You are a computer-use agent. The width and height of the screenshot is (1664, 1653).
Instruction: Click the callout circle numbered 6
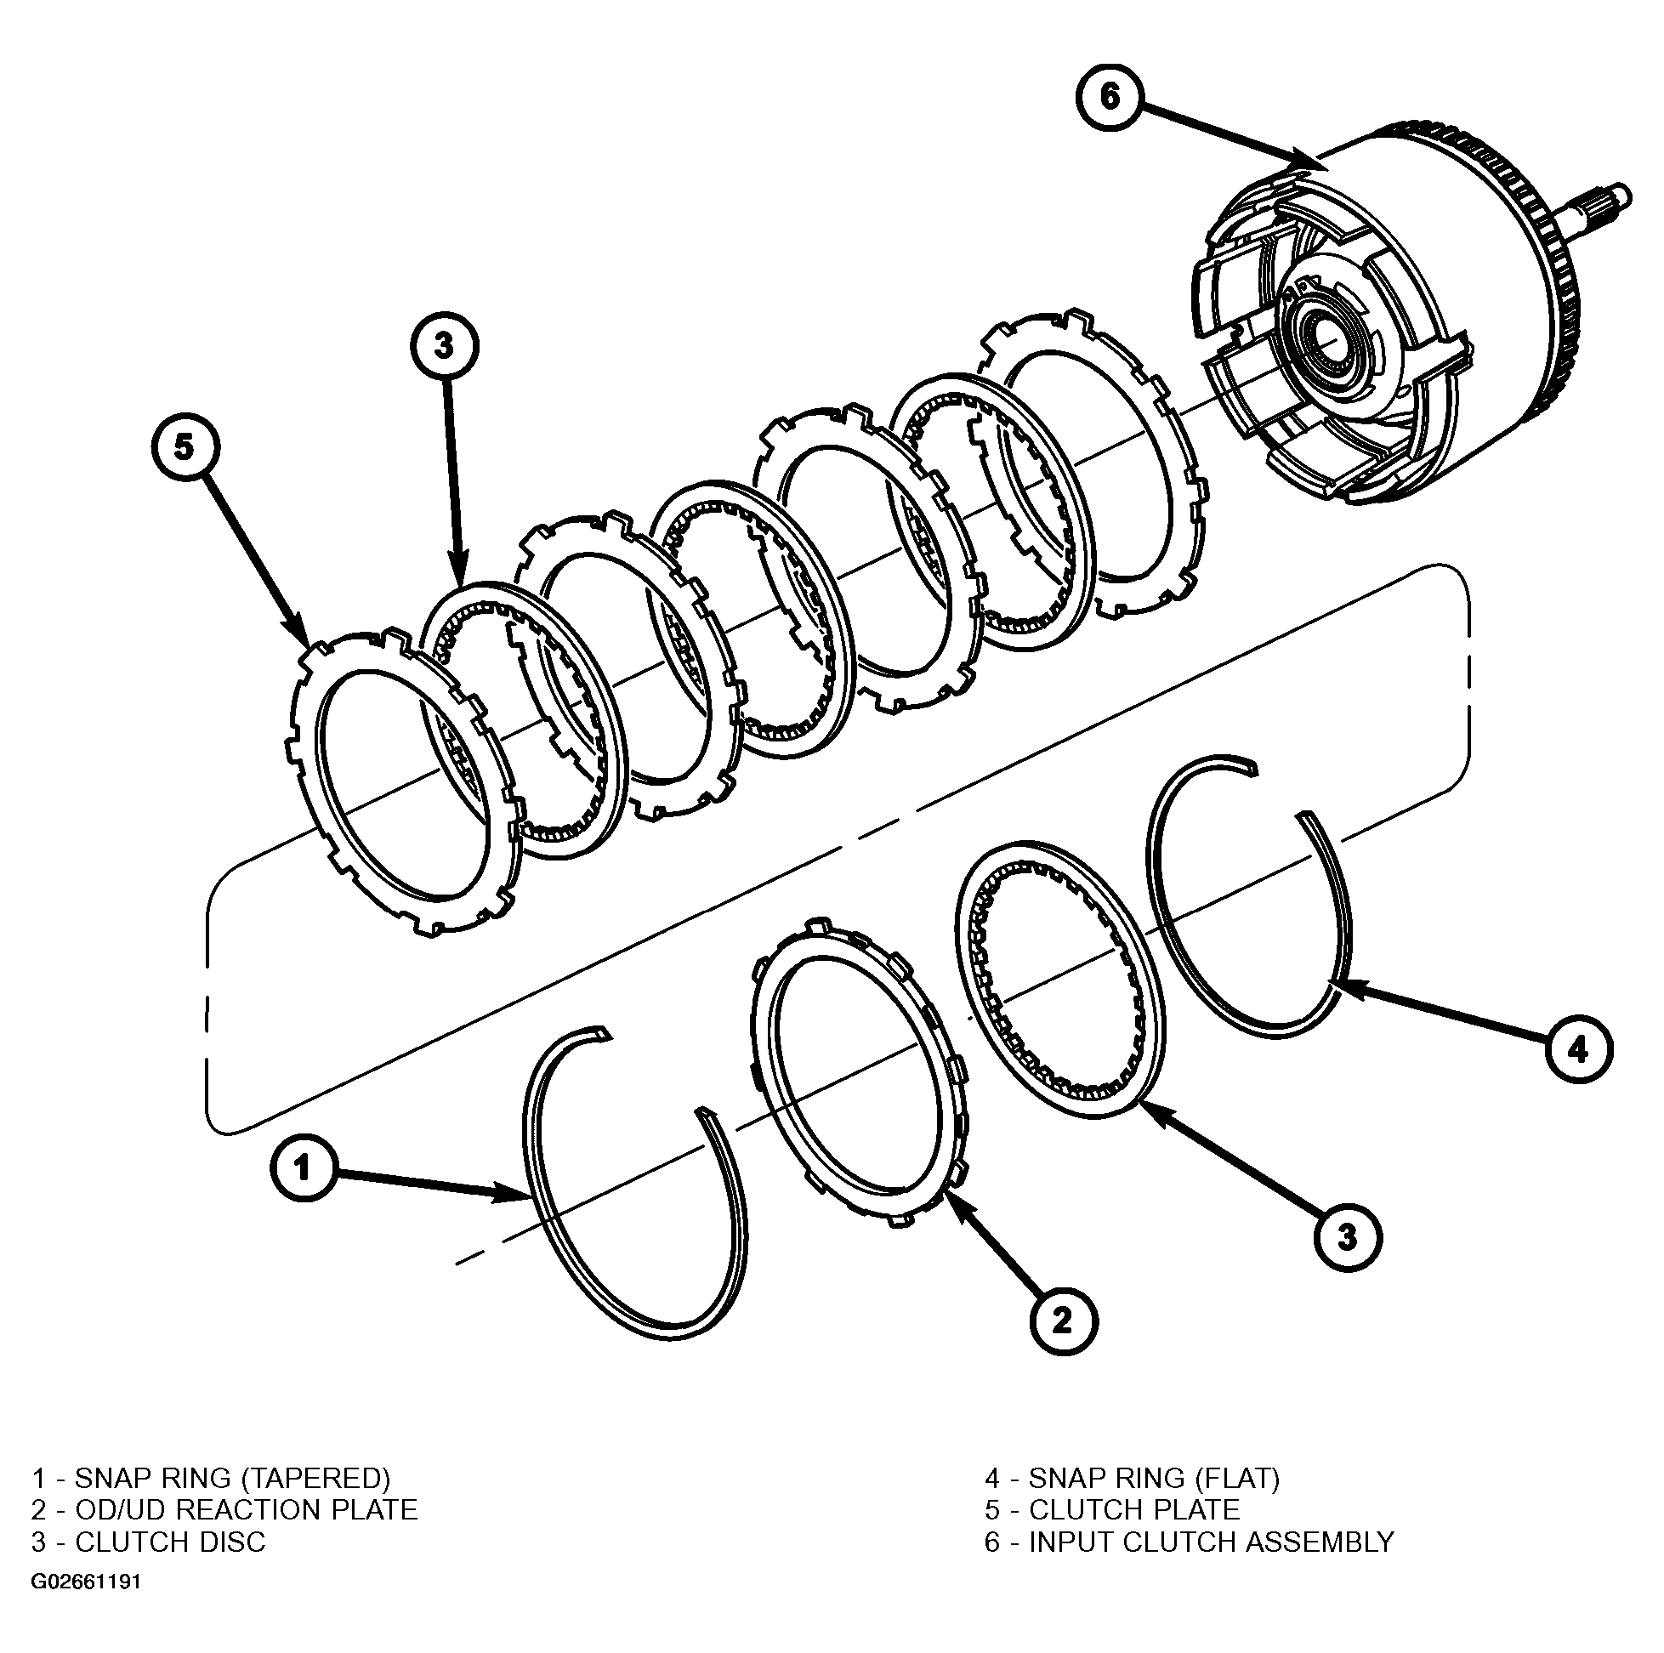click(x=1110, y=96)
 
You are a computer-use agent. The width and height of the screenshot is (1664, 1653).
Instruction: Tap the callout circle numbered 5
click(x=185, y=447)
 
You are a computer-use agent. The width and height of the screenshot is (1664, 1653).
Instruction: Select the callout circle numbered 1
click(x=304, y=1169)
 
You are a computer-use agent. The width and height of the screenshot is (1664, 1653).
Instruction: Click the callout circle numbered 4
click(x=1578, y=1049)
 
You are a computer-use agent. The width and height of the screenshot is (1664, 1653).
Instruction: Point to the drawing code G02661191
click(x=86, y=1582)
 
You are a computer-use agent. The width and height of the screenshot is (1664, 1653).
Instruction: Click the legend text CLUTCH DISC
click(x=171, y=1542)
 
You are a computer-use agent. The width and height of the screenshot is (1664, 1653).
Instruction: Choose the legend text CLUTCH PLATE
click(x=1134, y=1510)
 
